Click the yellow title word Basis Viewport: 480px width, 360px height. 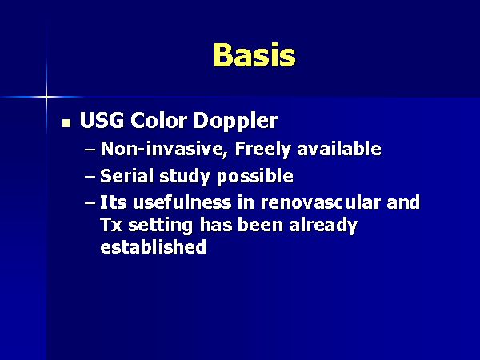tap(254, 54)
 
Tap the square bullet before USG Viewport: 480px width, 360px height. tap(66, 122)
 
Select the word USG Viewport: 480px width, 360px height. tap(102, 120)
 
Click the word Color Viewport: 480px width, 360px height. tap(158, 120)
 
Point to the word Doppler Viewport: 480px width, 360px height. tap(235, 122)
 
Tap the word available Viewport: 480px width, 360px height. tap(339, 149)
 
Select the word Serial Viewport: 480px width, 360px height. tap(127, 176)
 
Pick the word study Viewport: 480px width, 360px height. tap(185, 177)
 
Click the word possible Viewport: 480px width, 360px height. tap(255, 177)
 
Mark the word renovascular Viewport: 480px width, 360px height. tap(321, 202)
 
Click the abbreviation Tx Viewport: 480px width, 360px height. tap(111, 225)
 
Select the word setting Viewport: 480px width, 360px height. tap(161, 226)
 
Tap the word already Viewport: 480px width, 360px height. tap(323, 226)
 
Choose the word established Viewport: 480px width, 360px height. tap(154, 246)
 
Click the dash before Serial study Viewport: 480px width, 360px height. tap(90, 178)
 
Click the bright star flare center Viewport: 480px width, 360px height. tap(47, 97)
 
